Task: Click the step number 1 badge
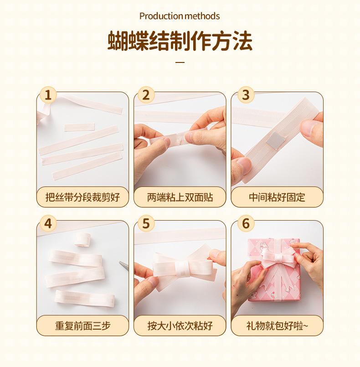coord(48,95)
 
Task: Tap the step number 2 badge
coord(146,95)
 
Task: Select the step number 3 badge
coord(246,95)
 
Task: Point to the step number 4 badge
coord(48,223)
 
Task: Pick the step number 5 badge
coord(146,223)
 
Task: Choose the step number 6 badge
coord(246,223)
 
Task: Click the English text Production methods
coord(180,16)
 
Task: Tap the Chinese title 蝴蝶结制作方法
coord(180,41)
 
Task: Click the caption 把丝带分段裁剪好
coord(82,197)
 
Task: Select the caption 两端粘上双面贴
coord(180,197)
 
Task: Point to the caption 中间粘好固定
coord(277,197)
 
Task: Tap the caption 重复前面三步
coord(82,326)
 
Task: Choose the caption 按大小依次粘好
coord(180,326)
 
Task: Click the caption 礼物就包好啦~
coord(277,326)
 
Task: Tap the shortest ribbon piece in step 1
coord(79,127)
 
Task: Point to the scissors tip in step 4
coord(119,262)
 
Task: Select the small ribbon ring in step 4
coord(82,239)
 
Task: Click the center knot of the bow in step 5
coord(182,269)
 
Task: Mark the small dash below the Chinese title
coord(180,62)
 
